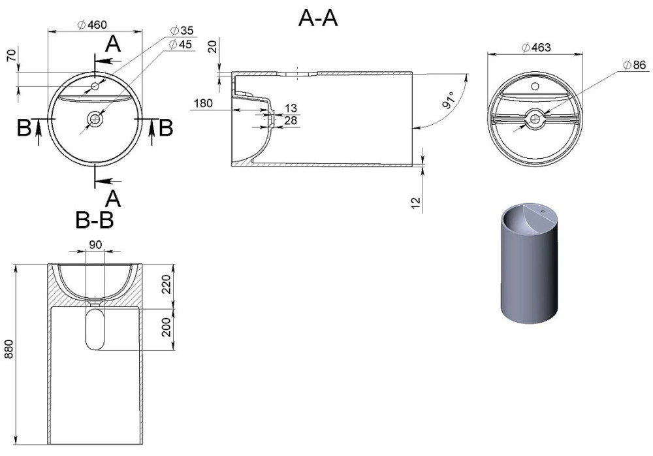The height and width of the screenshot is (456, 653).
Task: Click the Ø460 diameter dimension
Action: [92, 25]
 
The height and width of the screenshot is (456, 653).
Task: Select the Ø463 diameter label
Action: [536, 48]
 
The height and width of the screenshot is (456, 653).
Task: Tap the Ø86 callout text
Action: [634, 65]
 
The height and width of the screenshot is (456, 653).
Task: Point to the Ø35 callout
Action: [182, 31]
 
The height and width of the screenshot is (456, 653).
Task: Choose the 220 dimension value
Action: [167, 284]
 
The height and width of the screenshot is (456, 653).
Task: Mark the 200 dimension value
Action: [167, 327]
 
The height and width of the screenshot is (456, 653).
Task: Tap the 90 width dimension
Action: [95, 245]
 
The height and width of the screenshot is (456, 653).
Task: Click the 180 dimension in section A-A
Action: [203, 103]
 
